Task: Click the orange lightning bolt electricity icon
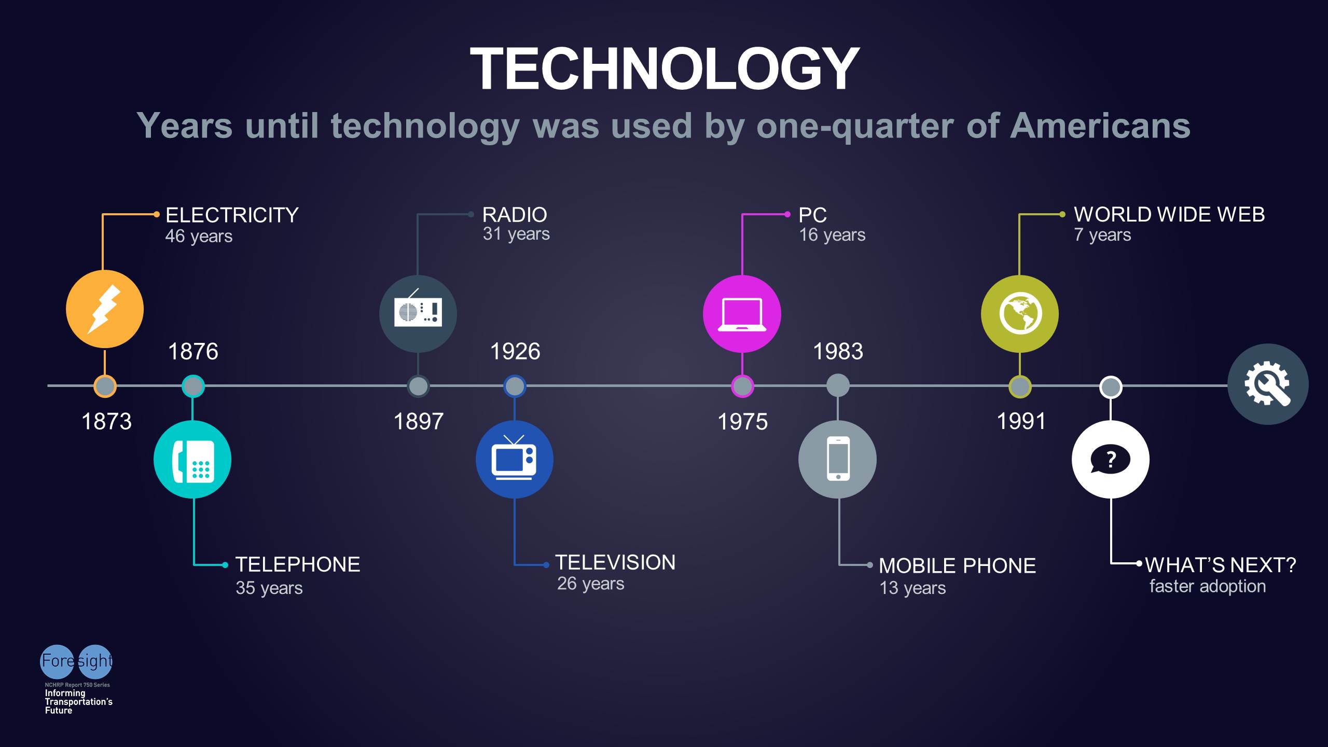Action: pyautogui.click(x=105, y=309)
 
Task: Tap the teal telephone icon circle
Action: pyautogui.click(x=192, y=460)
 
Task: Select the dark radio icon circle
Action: pyautogui.click(x=418, y=314)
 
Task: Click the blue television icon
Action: pyautogui.click(x=514, y=460)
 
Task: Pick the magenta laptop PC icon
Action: pyautogui.click(x=742, y=314)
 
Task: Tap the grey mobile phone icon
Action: pyautogui.click(x=837, y=460)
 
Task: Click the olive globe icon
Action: pyautogui.click(x=1020, y=314)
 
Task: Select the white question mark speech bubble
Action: pyautogui.click(x=1110, y=460)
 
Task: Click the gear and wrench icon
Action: pyautogui.click(x=1267, y=384)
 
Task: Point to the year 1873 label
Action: pyautogui.click(x=106, y=421)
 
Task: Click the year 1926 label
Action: pyautogui.click(x=515, y=351)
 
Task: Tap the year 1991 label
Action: pyautogui.click(x=1021, y=421)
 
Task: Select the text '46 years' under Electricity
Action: pyautogui.click(x=199, y=237)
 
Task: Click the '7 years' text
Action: pyautogui.click(x=1102, y=235)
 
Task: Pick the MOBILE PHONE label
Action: pyautogui.click(x=957, y=566)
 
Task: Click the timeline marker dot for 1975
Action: pyautogui.click(x=742, y=386)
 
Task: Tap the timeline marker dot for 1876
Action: pyautogui.click(x=193, y=386)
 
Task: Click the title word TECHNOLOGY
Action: pyautogui.click(x=665, y=68)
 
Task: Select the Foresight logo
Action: pyautogui.click(x=76, y=661)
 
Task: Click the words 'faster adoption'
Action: pyautogui.click(x=1207, y=586)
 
